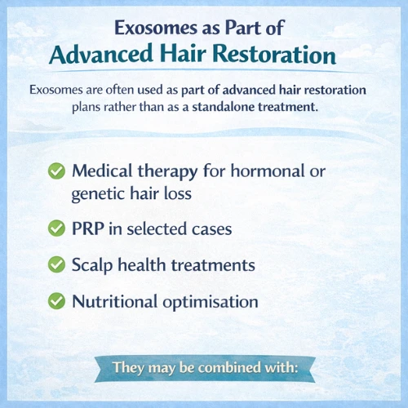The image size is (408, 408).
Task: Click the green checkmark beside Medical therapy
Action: tap(56, 171)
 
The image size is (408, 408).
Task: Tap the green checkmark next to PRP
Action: tap(56, 229)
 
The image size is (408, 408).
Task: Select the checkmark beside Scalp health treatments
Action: tap(56, 265)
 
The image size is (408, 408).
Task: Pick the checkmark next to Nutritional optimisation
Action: tap(56, 301)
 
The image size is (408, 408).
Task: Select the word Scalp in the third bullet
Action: tap(92, 265)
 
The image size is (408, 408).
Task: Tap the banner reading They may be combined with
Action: tap(204, 367)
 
